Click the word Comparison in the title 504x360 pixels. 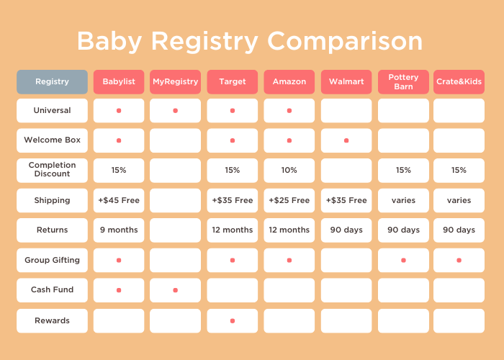click(x=342, y=41)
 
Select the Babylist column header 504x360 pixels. click(x=119, y=82)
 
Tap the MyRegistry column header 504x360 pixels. click(x=175, y=82)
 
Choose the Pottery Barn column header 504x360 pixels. click(x=403, y=82)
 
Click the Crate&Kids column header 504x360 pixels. click(x=459, y=82)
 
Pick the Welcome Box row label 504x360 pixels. click(x=52, y=140)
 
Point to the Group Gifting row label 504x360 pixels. click(x=52, y=260)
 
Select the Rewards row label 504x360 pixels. click(x=52, y=320)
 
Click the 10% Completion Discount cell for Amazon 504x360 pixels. click(x=289, y=171)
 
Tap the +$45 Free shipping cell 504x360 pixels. click(x=119, y=200)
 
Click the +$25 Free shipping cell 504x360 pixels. click(x=289, y=200)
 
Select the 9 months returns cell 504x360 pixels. click(x=119, y=230)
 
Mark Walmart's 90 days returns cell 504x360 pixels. click(x=346, y=230)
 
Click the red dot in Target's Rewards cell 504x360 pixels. click(x=233, y=320)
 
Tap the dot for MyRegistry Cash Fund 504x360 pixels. click(x=175, y=290)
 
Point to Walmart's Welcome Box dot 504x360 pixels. click(x=346, y=140)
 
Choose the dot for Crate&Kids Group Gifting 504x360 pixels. click(x=459, y=260)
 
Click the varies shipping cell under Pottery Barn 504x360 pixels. click(x=403, y=200)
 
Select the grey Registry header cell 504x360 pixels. click(x=52, y=82)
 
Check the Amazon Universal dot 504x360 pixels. click(x=289, y=111)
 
